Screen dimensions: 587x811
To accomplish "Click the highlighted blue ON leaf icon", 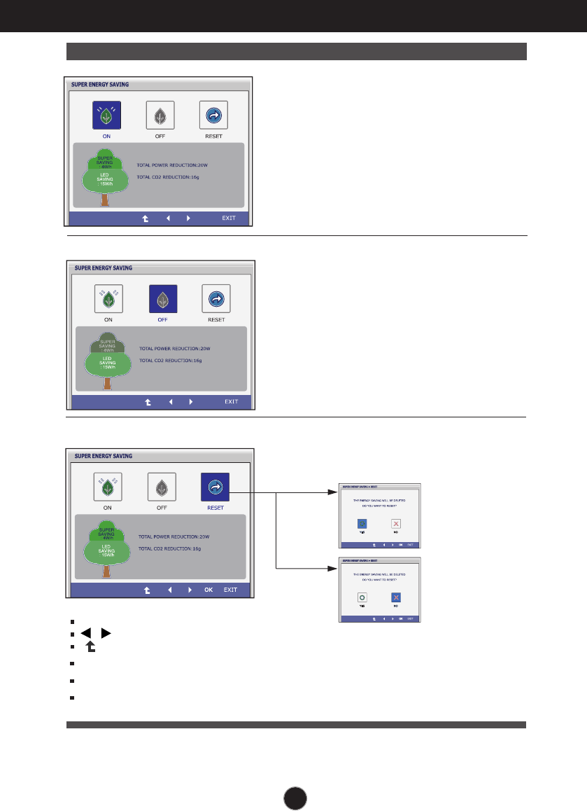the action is pyautogui.click(x=107, y=115).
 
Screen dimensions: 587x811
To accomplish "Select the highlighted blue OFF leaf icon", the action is pyautogui.click(x=163, y=299).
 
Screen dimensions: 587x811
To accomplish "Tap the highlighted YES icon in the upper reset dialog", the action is pyautogui.click(x=362, y=523).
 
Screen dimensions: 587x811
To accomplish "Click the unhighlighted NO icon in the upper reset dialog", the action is pyautogui.click(x=396, y=523).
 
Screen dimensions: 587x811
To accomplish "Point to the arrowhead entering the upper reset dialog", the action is pyautogui.click(x=334, y=492).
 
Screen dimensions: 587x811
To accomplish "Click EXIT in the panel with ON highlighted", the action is pyautogui.click(x=229, y=218).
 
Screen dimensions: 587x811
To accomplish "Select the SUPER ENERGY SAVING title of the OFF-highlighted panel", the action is pyautogui.click(x=103, y=268).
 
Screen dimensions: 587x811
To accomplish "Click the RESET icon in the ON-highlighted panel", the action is pyautogui.click(x=213, y=115).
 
